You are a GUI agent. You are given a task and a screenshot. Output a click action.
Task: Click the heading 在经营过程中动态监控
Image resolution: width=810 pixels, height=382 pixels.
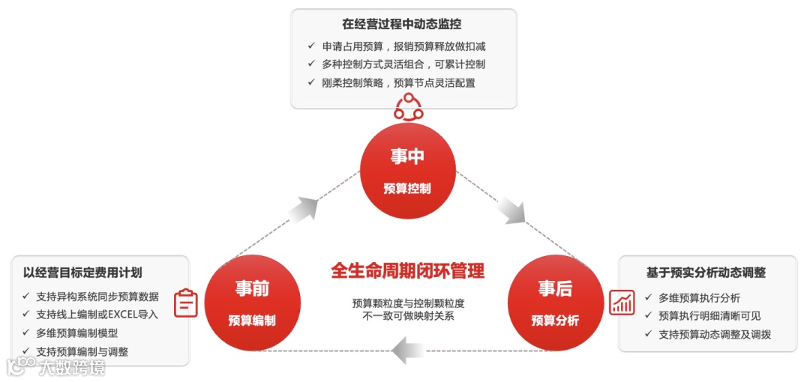click(x=404, y=24)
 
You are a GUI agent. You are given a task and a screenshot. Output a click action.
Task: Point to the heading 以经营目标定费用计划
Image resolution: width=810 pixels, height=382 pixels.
click(x=82, y=272)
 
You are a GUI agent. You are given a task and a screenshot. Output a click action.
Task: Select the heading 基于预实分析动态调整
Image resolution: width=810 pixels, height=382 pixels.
click(x=706, y=273)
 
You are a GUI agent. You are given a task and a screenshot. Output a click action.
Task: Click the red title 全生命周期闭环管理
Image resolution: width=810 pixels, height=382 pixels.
click(x=408, y=270)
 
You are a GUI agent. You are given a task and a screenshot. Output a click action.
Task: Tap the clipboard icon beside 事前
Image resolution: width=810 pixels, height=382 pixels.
click(x=186, y=303)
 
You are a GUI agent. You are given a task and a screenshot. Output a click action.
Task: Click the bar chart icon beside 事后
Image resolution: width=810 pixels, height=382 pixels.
click(x=622, y=302)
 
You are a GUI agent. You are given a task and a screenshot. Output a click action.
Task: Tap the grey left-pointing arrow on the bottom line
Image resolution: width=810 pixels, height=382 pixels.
click(x=408, y=349)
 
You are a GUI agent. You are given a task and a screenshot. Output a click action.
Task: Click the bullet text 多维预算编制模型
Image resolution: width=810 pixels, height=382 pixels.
click(x=77, y=333)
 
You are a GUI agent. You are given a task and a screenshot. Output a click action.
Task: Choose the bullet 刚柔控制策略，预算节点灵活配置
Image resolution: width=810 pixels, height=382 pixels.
click(x=399, y=83)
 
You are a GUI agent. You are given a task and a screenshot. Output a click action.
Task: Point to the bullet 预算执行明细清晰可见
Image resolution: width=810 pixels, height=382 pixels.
click(x=709, y=316)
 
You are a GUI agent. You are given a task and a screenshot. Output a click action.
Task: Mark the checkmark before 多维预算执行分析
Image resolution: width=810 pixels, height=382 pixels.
click(x=649, y=297)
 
